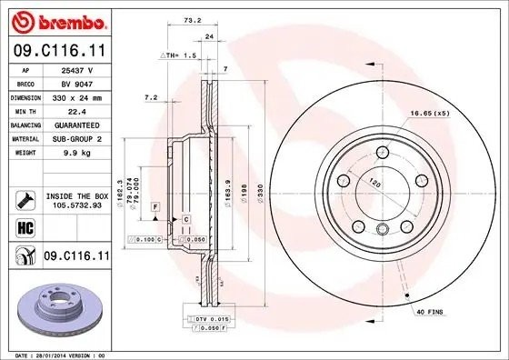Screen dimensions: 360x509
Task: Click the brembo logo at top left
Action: point(57,21)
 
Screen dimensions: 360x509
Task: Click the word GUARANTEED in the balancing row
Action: point(76,125)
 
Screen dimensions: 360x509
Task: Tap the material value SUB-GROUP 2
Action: point(76,138)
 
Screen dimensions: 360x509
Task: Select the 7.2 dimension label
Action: point(151,96)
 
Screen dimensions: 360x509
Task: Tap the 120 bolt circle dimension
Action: point(374,182)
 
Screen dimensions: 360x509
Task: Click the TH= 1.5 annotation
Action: point(182,55)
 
